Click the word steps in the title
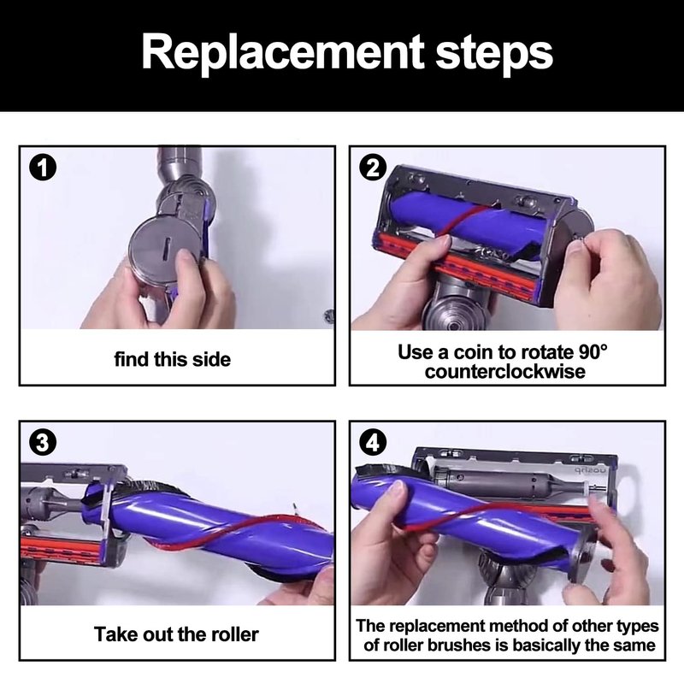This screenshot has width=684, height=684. [x=494, y=54]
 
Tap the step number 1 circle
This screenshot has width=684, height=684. [x=42, y=168]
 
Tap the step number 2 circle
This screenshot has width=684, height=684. [x=373, y=168]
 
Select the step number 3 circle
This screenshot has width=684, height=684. [x=42, y=443]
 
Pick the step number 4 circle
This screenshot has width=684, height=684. [x=373, y=443]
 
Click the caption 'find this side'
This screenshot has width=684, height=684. [x=173, y=359]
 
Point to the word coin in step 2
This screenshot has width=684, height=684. [x=473, y=351]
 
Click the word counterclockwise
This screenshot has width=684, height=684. [x=505, y=372]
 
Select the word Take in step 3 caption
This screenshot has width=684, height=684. [x=111, y=634]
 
